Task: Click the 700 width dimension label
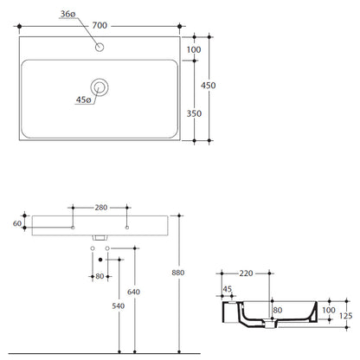click(x=100, y=26)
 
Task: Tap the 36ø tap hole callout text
click(x=67, y=14)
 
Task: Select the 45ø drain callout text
click(x=83, y=100)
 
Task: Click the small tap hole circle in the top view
click(x=100, y=47)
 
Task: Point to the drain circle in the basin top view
click(x=100, y=87)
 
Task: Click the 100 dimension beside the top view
click(x=194, y=49)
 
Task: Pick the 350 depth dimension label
click(x=194, y=113)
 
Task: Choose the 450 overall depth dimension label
click(x=209, y=86)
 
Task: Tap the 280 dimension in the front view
click(x=101, y=208)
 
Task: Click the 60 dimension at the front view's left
click(x=17, y=223)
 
